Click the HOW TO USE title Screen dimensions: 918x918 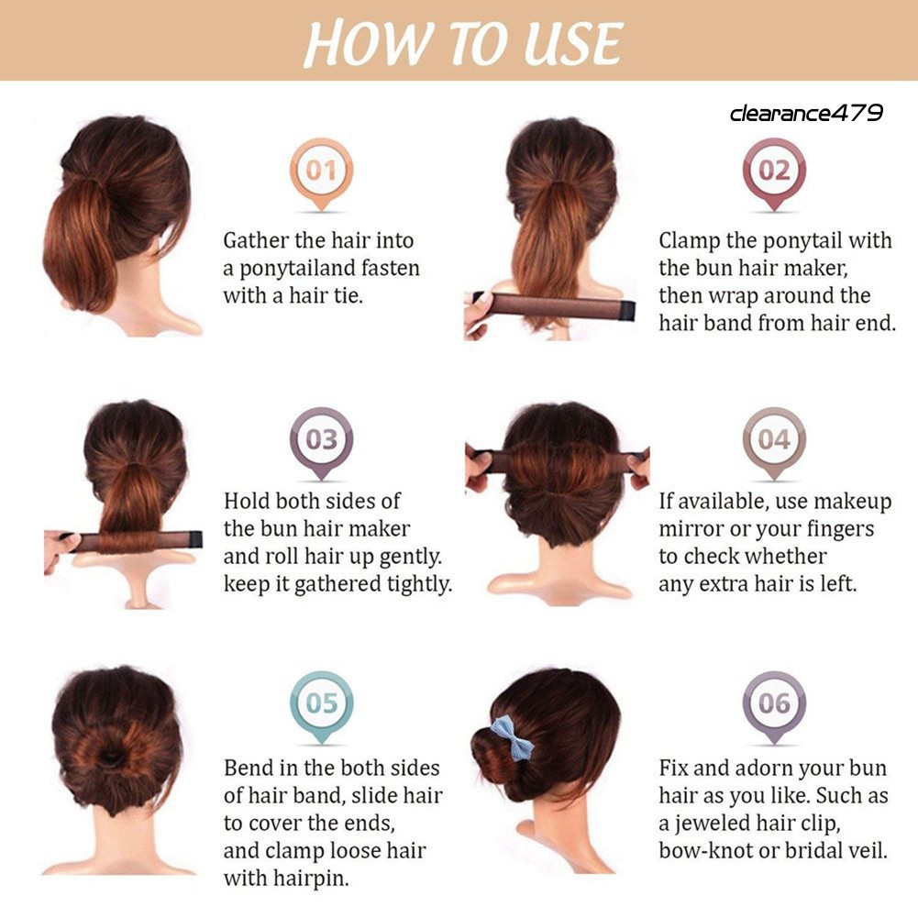tap(462, 43)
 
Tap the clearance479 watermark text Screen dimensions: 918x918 tap(806, 113)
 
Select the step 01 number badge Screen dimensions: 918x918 tap(321, 171)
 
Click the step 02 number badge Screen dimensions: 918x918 tap(774, 171)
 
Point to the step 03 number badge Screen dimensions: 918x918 tap(321, 441)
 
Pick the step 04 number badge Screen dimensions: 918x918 tap(774, 441)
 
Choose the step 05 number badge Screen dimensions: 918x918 tap(321, 704)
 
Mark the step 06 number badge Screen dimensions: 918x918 tap(774, 704)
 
